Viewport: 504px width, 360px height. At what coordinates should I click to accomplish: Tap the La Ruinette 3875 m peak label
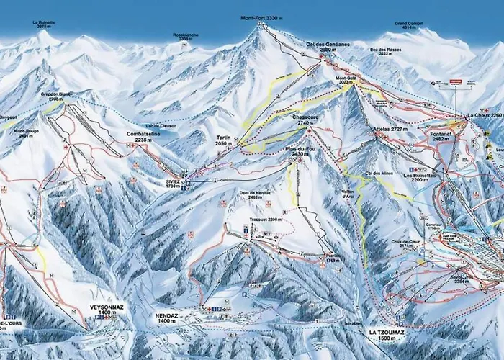44,24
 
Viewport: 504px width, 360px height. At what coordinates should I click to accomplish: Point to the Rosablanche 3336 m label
184,36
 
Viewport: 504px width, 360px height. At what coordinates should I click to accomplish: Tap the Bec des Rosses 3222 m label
384,52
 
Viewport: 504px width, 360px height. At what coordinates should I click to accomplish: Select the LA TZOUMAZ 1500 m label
387,334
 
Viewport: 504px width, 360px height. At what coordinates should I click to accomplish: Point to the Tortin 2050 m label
225,140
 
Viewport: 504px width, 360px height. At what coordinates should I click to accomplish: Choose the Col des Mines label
378,174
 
